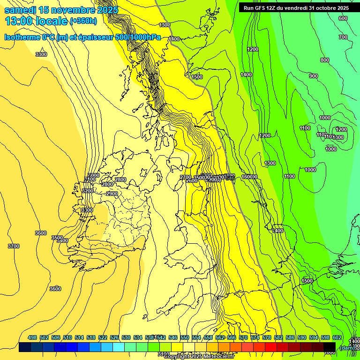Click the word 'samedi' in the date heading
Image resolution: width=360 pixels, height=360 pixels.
pos(21,10)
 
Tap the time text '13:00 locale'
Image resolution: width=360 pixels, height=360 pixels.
pos(36,21)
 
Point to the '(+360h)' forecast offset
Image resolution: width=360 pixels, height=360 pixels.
pos(83,21)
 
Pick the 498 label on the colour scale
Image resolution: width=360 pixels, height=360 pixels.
pos(32,337)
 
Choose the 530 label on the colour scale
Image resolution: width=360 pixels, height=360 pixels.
pos(126,337)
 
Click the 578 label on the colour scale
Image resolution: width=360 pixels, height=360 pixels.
pos(267,337)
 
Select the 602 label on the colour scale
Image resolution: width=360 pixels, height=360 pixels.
pos(337,337)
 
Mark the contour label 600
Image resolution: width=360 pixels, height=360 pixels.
pos(343,18)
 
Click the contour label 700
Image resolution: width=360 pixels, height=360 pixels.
pos(343,37)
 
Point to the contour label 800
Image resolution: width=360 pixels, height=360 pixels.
pos(324,60)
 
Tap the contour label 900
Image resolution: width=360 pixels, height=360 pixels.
pos(313,76)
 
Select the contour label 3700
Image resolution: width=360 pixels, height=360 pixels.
pos(14,246)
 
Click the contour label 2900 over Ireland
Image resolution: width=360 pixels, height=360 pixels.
pos(112,194)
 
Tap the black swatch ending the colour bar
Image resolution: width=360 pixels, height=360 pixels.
pos(330,347)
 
